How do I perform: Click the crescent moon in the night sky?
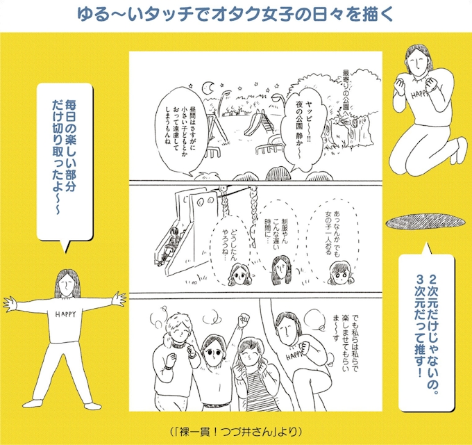tap(207, 88)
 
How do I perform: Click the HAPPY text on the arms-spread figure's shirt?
tap(66, 314)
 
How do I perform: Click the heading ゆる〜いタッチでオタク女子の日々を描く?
tap(235, 14)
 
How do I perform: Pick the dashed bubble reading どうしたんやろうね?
tap(230, 247)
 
